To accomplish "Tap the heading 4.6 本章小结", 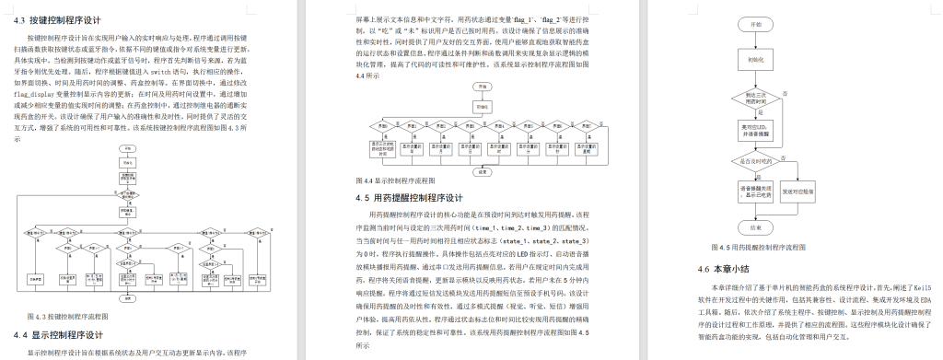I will coord(725,269).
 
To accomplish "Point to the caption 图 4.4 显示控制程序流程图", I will coord(395,181).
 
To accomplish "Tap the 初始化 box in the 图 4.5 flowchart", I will coord(755,56).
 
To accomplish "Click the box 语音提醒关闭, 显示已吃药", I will coord(755,192).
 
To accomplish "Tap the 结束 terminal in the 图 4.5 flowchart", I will coord(755,226).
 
